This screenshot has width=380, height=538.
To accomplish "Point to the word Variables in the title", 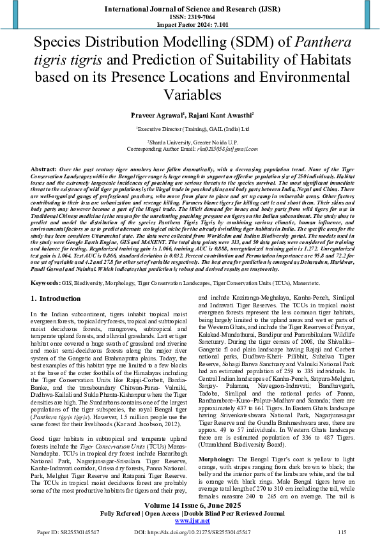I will click(190, 95).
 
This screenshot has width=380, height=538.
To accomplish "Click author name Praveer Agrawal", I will click(158, 115).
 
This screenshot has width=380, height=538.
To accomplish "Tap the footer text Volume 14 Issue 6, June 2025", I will click(190, 505).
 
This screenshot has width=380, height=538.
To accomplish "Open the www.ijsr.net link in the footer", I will click(190, 520).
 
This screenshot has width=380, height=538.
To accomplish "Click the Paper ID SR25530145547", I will click(52, 532).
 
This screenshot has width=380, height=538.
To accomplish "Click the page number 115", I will click(342, 532).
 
